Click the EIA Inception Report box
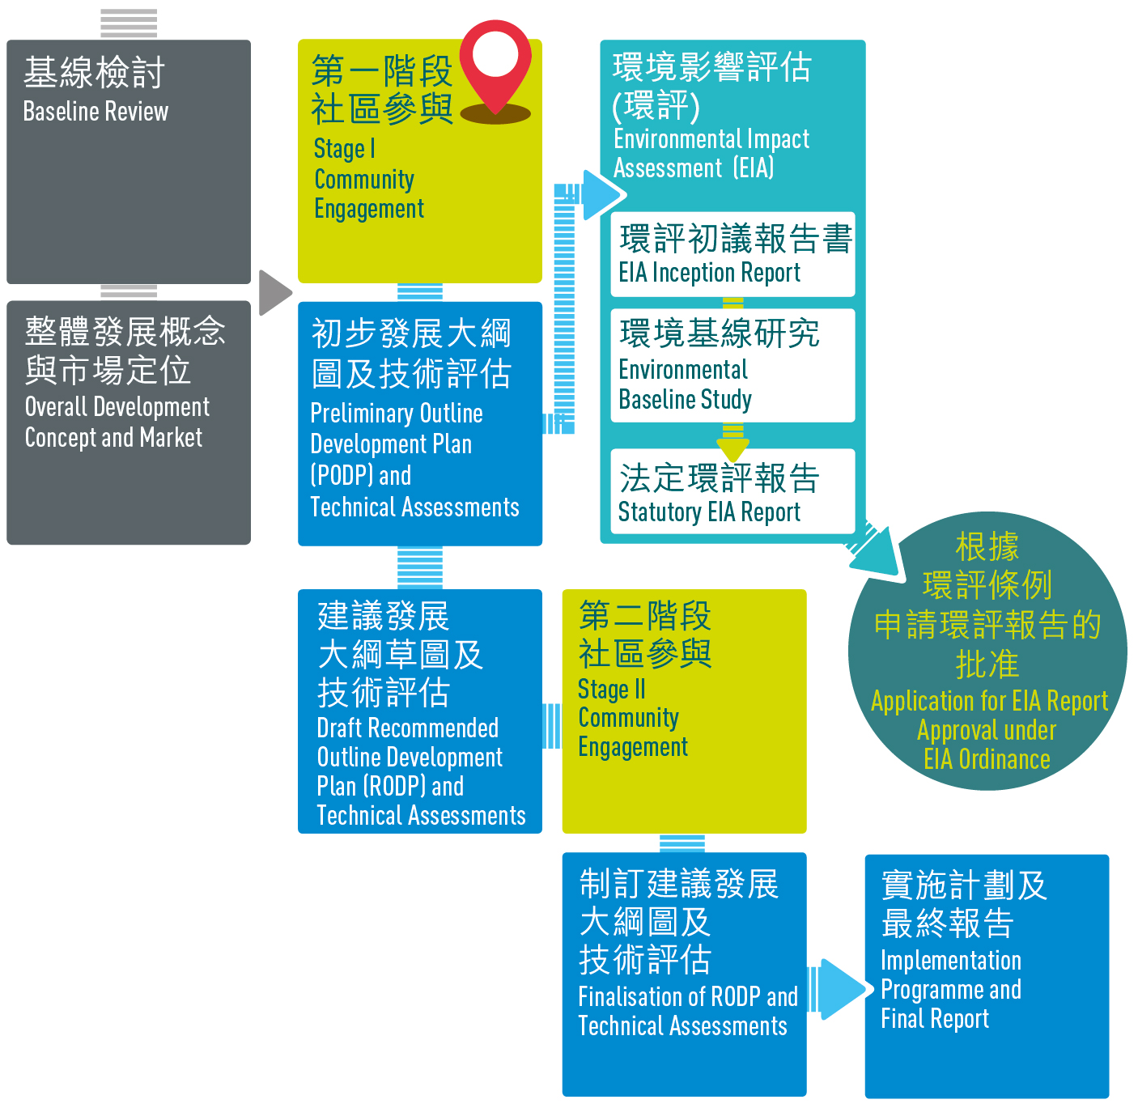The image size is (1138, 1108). click(x=732, y=254)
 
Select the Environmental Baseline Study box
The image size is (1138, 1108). click(x=732, y=366)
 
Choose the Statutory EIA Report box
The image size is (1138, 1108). click(x=732, y=491)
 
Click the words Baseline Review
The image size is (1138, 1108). click(x=96, y=111)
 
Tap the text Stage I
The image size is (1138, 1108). click(x=345, y=148)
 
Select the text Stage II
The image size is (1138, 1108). click(x=612, y=689)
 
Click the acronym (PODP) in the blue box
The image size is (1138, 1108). click(x=342, y=475)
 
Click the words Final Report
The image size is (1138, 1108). click(x=935, y=1018)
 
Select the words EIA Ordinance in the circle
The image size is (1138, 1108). click(x=987, y=759)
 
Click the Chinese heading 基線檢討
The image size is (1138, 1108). click(x=94, y=73)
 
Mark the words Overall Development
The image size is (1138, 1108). click(x=117, y=407)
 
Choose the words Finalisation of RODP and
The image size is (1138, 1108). click(x=688, y=996)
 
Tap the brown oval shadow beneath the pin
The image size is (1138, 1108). click(x=495, y=113)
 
